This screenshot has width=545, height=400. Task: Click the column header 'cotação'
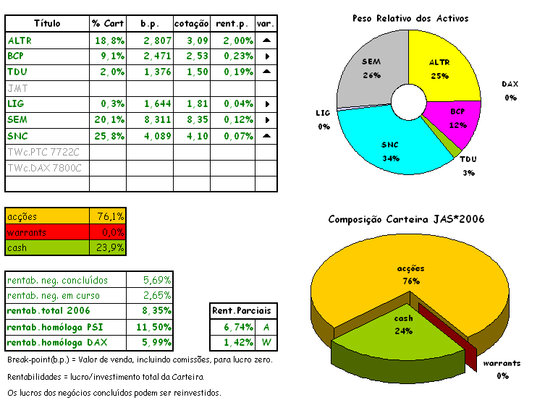(192, 24)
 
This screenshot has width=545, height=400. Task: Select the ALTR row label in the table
(20, 41)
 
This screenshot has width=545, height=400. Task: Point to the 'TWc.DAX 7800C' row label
(44, 168)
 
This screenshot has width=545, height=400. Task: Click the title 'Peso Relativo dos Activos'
(410, 17)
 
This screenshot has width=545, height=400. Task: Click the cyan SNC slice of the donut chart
(391, 148)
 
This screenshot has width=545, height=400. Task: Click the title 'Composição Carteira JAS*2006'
(406, 219)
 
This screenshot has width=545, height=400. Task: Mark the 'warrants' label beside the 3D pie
(502, 364)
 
